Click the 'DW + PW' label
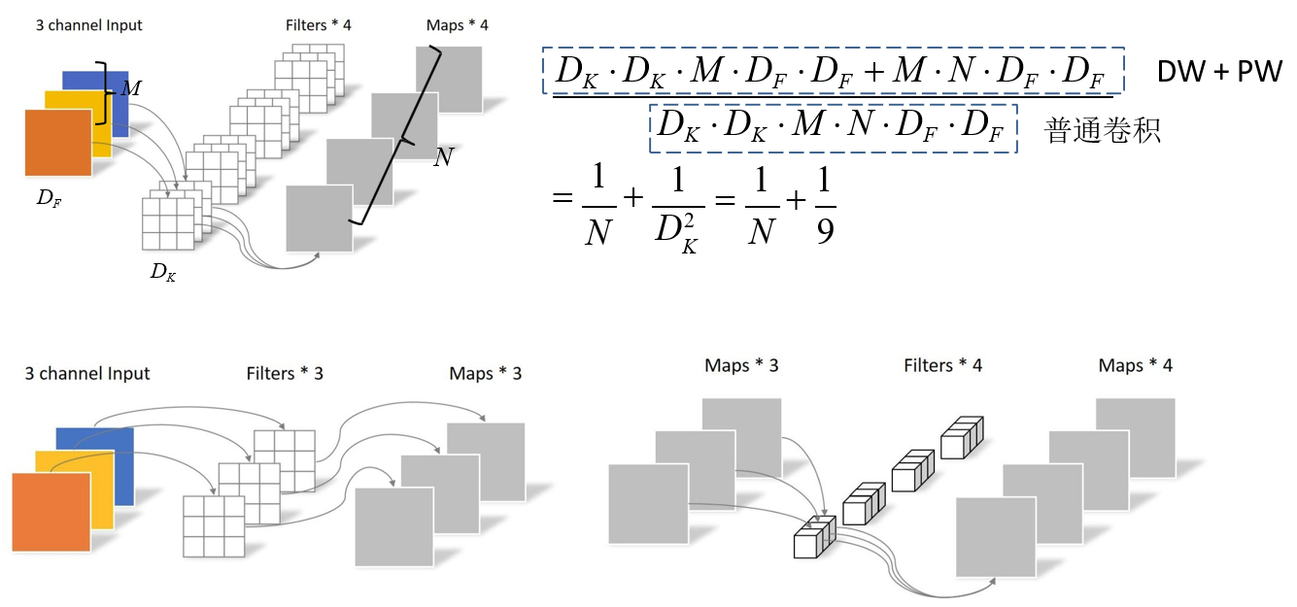[1219, 72]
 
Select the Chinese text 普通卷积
[1103, 130]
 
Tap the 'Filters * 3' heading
[285, 373]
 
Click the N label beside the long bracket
[443, 157]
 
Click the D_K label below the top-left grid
[163, 273]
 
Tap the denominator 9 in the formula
[825, 231]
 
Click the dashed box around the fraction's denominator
[833, 128]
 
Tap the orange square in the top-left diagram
[57, 143]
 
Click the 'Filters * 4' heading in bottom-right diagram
[942, 366]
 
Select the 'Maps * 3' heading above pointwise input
[741, 366]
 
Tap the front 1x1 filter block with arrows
[814, 538]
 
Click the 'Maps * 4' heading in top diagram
[457, 24]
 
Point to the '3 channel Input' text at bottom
[87, 373]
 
